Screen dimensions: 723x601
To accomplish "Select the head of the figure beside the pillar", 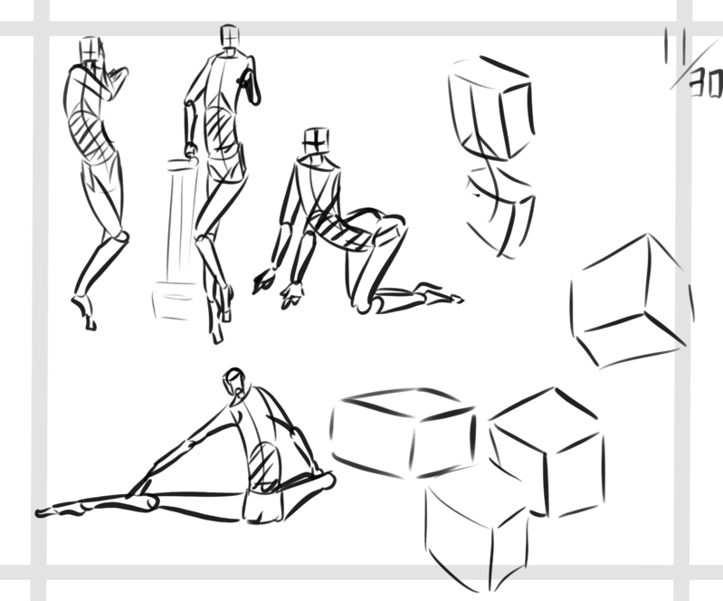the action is click(229, 36).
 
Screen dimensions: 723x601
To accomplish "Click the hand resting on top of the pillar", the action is click(191, 152).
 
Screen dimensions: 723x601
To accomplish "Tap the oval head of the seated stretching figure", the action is click(234, 379).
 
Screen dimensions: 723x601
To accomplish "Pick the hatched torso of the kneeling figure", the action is click(340, 232).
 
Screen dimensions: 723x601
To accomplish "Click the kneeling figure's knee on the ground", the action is click(365, 305).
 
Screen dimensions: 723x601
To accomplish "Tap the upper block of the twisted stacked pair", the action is click(491, 109).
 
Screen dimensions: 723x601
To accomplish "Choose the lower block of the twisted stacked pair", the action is click(500, 211).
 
